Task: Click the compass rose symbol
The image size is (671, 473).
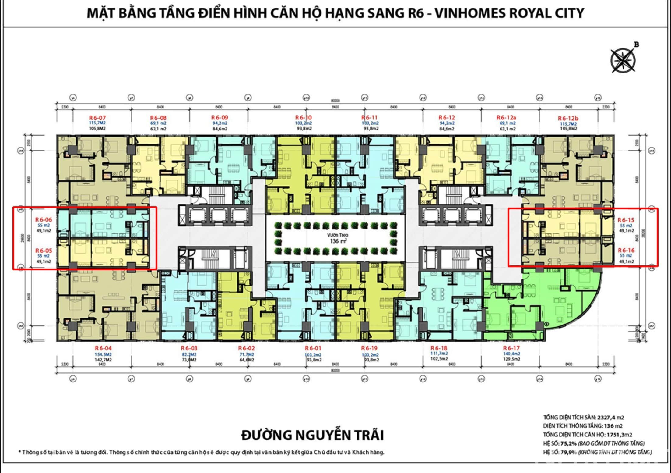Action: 623,60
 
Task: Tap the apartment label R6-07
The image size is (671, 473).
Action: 97,118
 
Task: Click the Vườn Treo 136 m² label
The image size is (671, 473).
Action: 338,238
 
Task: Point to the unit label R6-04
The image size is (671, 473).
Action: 103,348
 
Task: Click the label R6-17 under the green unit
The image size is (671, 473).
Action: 511,348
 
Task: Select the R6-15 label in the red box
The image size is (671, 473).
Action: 626,220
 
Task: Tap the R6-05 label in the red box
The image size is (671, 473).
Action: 44,251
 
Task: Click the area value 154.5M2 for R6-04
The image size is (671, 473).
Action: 103,354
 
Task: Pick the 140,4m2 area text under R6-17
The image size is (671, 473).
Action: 511,354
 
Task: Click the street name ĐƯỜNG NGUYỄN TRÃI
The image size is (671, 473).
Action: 312,435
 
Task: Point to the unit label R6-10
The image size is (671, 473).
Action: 304,117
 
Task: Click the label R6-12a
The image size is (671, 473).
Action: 506,117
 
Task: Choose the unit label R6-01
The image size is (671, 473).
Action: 313,348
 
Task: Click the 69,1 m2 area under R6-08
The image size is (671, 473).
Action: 158,123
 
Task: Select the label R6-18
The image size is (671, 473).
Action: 439,348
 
